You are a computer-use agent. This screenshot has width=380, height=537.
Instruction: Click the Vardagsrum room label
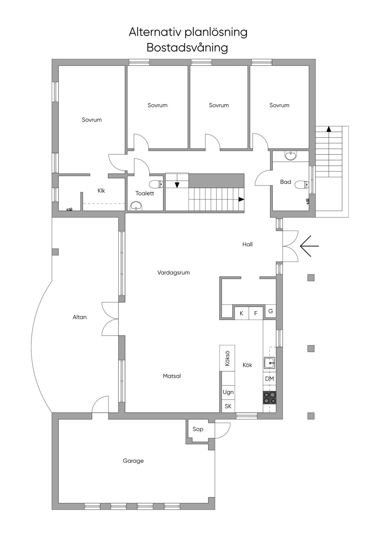(173, 273)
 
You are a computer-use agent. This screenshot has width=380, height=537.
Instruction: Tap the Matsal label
(172, 376)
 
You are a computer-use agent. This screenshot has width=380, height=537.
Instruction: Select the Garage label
(133, 461)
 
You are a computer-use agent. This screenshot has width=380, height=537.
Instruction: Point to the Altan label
(80, 317)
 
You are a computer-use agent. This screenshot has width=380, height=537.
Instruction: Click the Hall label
(248, 244)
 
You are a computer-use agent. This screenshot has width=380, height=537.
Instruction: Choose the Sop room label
(198, 429)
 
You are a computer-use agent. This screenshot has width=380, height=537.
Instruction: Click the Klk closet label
(101, 191)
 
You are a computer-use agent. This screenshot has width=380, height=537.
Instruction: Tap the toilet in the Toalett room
(156, 184)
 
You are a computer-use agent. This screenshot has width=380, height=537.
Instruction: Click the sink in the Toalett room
(136, 206)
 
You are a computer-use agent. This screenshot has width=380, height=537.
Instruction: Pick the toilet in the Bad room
(302, 185)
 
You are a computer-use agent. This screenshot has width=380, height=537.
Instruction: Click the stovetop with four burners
(269, 398)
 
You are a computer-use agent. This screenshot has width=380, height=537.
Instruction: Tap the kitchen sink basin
(270, 363)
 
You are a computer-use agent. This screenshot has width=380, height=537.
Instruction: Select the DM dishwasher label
(269, 379)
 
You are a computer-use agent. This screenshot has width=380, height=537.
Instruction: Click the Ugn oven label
(228, 392)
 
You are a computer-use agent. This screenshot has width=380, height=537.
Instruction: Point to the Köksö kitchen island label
(227, 358)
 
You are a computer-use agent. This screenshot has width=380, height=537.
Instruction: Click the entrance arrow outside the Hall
(309, 246)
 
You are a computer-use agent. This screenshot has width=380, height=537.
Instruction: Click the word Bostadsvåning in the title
(187, 48)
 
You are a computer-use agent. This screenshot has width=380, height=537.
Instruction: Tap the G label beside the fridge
(271, 311)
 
